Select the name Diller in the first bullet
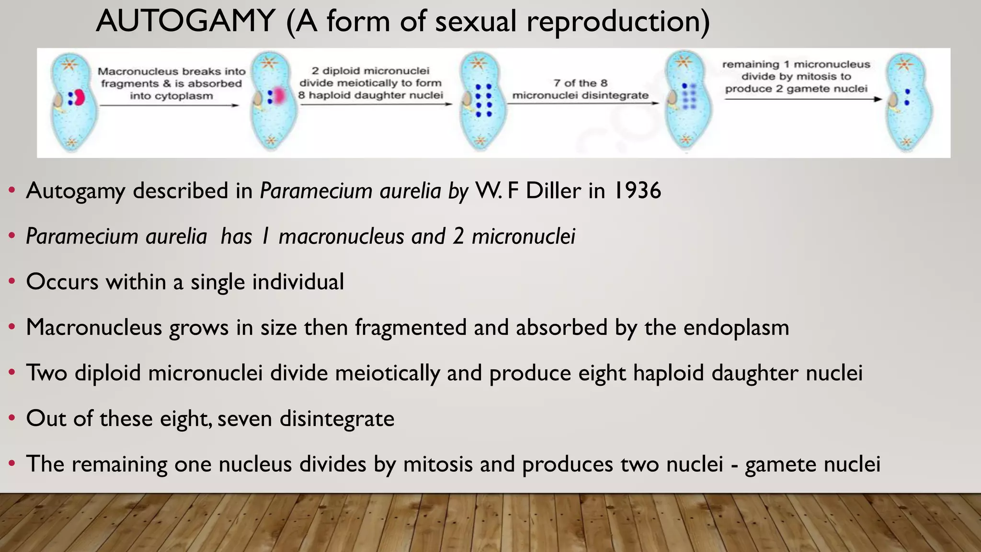(x=554, y=191)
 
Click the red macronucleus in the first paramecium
(x=80, y=97)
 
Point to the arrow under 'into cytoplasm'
(x=169, y=105)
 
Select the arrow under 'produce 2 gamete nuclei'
(x=803, y=99)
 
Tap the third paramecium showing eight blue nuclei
(x=482, y=102)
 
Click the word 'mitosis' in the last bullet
(x=438, y=464)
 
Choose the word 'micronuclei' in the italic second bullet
(x=523, y=237)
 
